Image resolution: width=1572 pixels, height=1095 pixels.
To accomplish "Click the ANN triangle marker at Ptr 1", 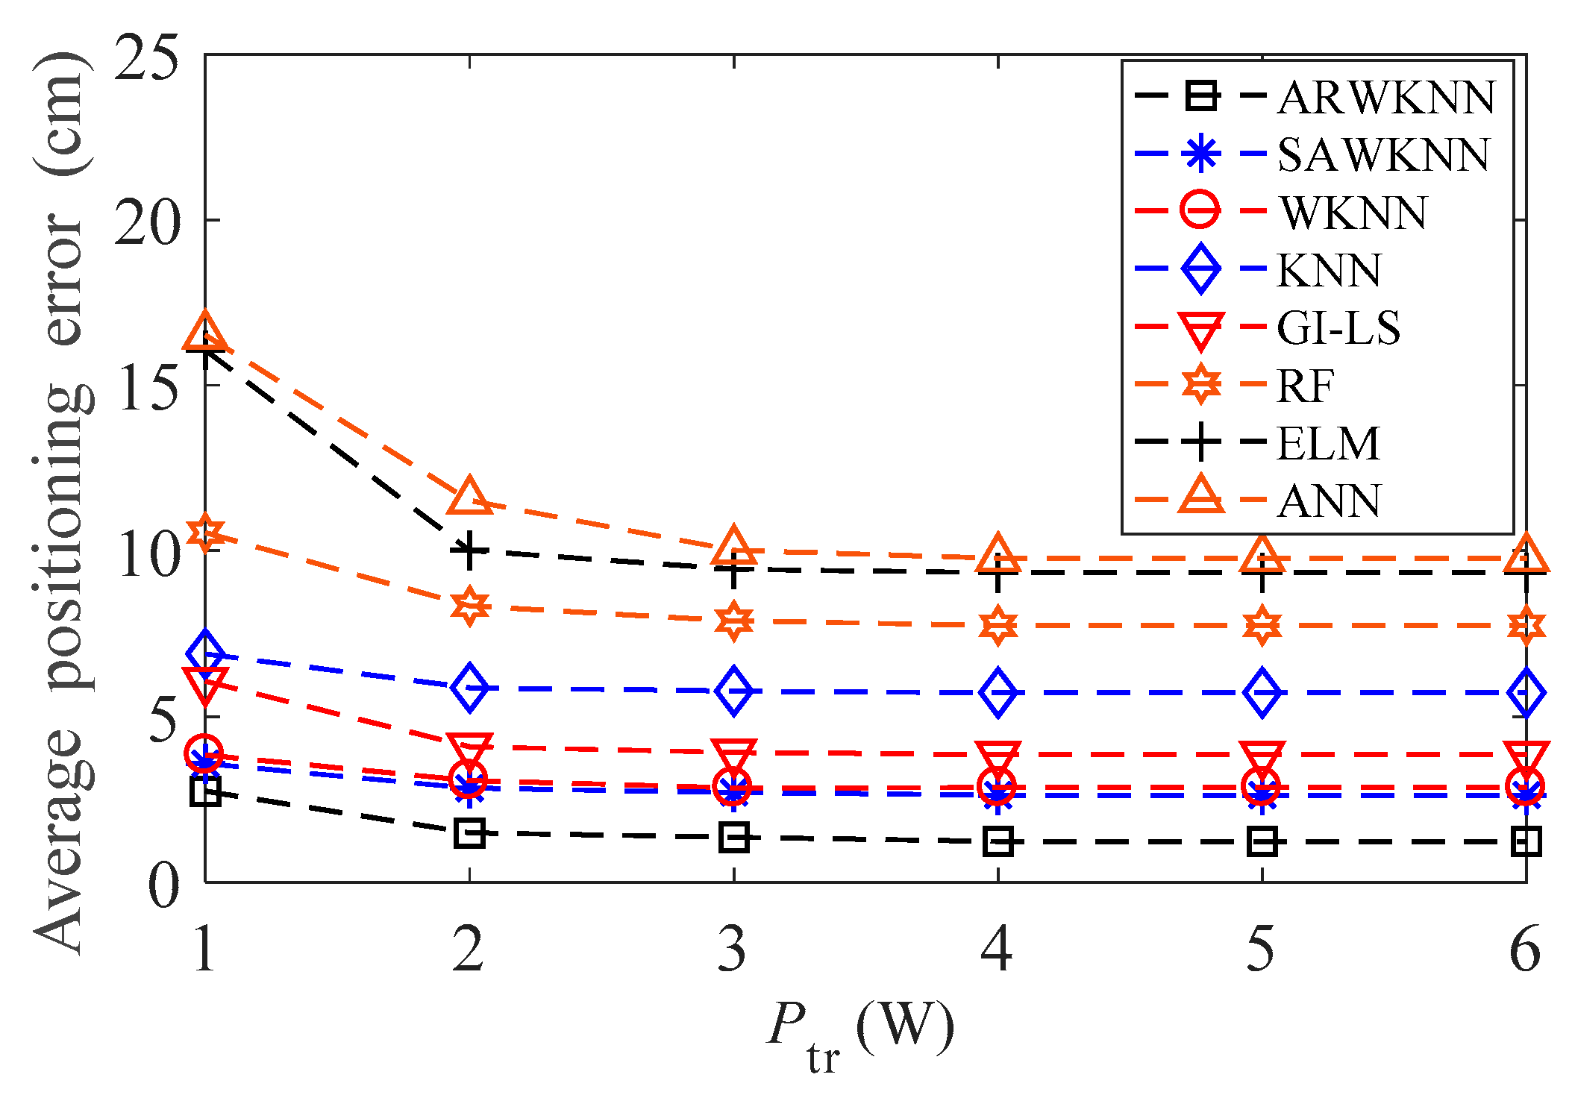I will pos(205,333).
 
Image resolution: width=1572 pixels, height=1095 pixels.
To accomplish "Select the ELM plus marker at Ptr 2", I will pos(469,550).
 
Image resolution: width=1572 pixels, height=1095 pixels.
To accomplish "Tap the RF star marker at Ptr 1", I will pos(205,533).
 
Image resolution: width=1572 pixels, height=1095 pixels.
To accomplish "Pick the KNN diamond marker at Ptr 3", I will pos(733,691).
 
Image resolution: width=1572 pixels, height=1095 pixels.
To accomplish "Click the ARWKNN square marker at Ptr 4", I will pos(998,841).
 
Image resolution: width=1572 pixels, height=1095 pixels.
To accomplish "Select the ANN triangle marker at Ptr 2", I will pos(469,497).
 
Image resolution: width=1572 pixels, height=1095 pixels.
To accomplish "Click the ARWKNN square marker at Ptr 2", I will pos(469,832).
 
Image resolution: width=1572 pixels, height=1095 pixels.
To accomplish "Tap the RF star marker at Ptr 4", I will pos(998,625).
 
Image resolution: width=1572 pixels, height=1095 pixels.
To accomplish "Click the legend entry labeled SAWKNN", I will pos(1382,155).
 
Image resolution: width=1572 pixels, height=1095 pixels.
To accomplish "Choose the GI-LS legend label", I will pos(1338,328).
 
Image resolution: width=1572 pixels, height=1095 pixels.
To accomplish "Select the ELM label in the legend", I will pos(1328,443).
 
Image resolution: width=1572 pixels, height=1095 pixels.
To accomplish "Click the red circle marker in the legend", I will pos(1200,211).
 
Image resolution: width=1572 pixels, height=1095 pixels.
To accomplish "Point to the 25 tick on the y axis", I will pos(148,57).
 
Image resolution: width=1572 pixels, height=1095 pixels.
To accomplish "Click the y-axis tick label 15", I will pos(148,387).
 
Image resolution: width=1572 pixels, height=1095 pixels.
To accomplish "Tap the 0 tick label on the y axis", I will pos(164,885).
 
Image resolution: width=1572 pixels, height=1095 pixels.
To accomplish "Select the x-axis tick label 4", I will pos(997,949).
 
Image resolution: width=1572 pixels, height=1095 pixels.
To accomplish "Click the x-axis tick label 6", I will pos(1525,949).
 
